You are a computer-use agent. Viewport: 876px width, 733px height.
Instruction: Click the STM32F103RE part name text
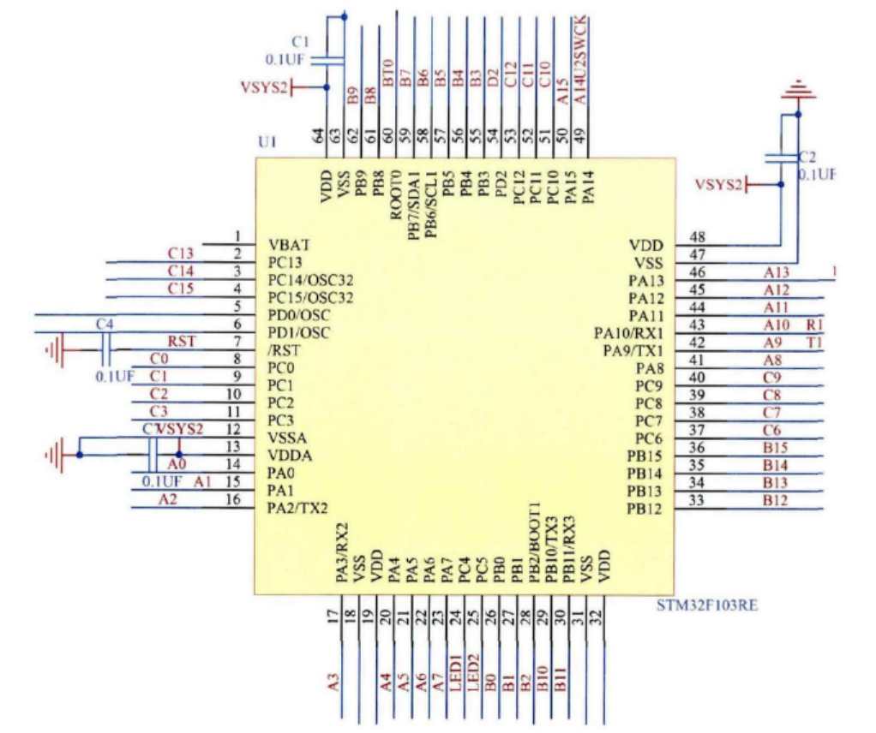(x=707, y=605)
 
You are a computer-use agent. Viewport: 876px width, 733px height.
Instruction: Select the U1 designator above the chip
(x=267, y=141)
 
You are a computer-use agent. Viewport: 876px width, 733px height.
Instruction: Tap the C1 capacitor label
(x=300, y=41)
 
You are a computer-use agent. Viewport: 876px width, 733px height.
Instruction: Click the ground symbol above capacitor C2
(x=798, y=89)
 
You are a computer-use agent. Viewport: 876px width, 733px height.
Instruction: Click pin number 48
(x=697, y=237)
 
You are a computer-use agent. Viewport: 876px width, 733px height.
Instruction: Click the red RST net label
(x=182, y=341)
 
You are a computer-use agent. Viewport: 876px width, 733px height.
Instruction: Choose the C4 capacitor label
(x=105, y=324)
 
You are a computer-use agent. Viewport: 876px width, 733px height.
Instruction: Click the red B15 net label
(x=775, y=447)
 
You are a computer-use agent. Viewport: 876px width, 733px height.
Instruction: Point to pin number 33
(x=697, y=500)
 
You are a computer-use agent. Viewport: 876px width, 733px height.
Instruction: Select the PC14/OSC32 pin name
(x=310, y=280)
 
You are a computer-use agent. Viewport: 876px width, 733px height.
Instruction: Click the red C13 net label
(x=181, y=253)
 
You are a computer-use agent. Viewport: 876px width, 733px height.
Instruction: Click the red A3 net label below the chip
(x=333, y=682)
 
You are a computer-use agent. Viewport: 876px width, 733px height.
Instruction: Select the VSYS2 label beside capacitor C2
(x=718, y=184)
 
